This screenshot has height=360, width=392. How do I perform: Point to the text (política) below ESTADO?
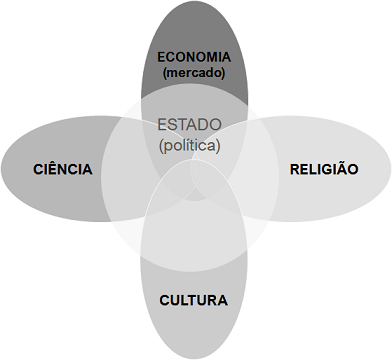190,145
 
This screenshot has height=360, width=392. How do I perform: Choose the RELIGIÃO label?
323,169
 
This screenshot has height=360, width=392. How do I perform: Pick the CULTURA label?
194,299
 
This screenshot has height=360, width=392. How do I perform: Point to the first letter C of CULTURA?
165,299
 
